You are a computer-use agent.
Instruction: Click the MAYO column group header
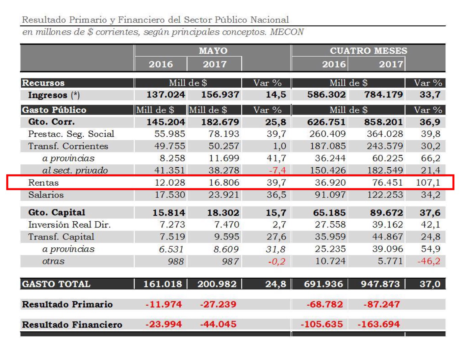tap(213, 51)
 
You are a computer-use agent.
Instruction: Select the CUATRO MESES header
tap(368, 51)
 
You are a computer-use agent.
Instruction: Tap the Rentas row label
tap(43, 183)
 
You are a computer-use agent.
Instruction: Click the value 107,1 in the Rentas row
tap(428, 183)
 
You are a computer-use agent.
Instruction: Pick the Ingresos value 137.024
tap(165, 95)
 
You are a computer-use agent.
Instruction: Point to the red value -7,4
tap(277, 170)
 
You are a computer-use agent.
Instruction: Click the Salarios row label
tap(46, 195)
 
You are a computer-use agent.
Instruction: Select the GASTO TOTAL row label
tap(56, 284)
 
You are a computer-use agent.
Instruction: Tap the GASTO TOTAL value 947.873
tap(380, 284)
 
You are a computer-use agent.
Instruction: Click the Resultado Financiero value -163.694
tap(379, 324)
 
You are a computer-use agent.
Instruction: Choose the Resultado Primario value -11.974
tap(163, 304)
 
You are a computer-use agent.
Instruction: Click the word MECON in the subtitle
tap(287, 32)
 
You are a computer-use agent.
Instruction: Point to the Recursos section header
tap(43, 83)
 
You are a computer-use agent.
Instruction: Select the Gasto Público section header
tap(54, 110)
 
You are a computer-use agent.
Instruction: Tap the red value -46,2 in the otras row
tap(429, 261)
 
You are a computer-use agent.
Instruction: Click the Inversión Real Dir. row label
tap(69, 225)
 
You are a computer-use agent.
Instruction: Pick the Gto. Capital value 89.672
tap(383, 213)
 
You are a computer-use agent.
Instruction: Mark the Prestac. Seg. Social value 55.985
tap(170, 134)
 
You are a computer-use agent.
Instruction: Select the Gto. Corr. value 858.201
tap(383, 122)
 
